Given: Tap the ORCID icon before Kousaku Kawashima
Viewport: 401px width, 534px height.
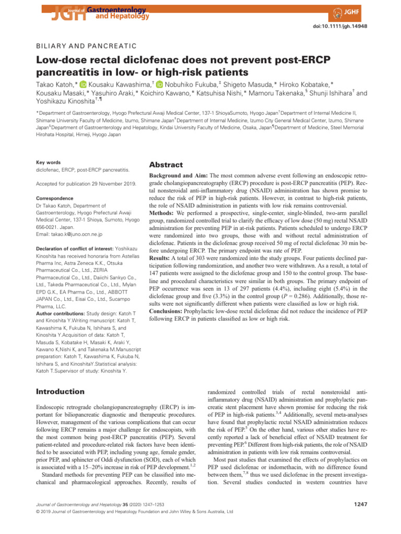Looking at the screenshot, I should click(x=83, y=84).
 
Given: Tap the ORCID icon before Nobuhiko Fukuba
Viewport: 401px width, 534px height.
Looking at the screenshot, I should click(x=159, y=84).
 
